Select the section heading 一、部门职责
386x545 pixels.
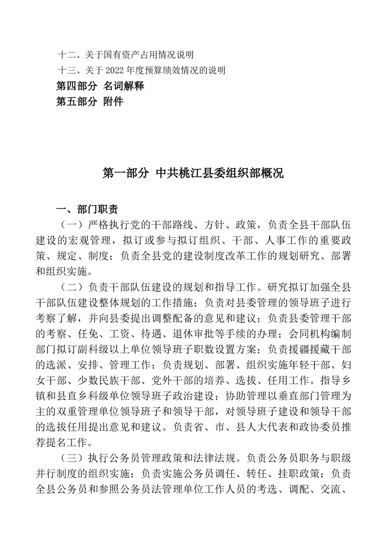tap(87, 210)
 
